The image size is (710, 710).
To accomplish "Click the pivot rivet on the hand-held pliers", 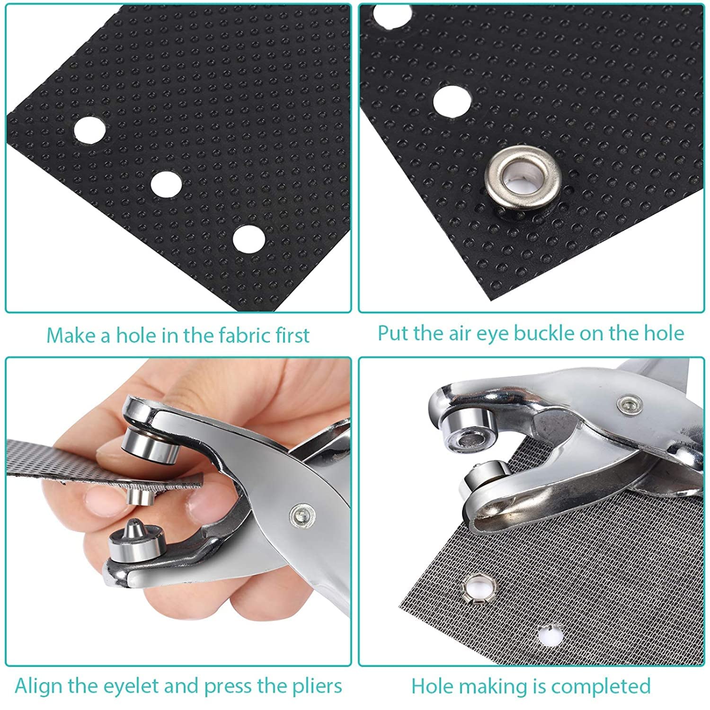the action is pos(301,513).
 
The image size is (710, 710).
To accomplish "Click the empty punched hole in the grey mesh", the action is pos(548,635).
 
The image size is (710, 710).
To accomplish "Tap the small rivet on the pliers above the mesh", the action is pos(629,404).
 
